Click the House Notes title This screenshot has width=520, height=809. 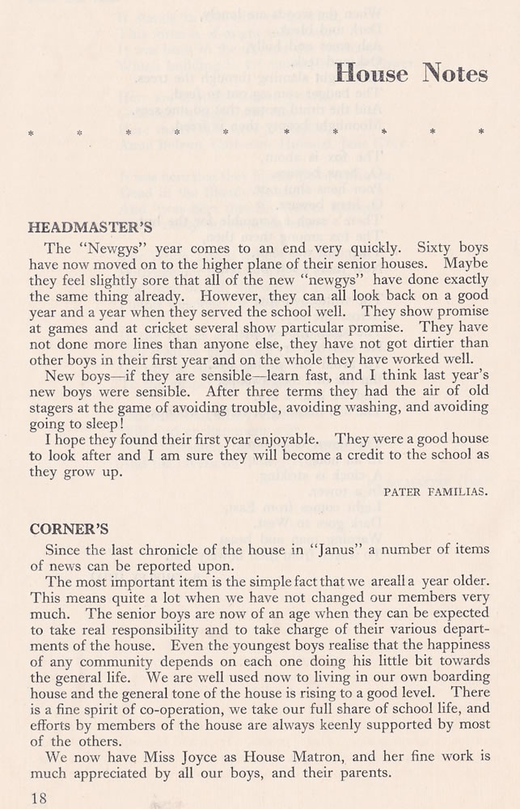click(x=411, y=73)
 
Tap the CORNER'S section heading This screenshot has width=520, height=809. click(x=69, y=530)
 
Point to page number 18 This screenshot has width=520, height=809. click(x=37, y=798)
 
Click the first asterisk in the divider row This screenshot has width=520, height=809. click(x=31, y=131)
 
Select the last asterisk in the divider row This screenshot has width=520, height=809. click(x=482, y=131)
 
